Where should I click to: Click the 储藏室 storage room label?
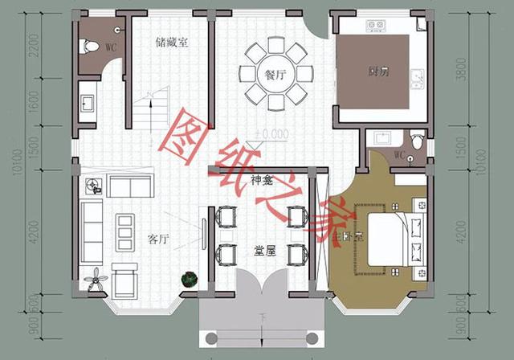pyautogui.click(x=172, y=43)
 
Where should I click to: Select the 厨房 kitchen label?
pyautogui.click(x=380, y=72)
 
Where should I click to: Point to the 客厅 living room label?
pyautogui.click(x=158, y=239)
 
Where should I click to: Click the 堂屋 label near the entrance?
pyautogui.click(x=263, y=251)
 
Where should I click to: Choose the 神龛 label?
pyautogui.click(x=262, y=180)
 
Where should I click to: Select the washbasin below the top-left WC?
pyautogui.click(x=88, y=102)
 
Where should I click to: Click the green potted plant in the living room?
pyautogui.click(x=189, y=279)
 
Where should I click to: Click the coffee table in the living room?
pyautogui.click(x=124, y=231)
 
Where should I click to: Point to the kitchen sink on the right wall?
pyautogui.click(x=416, y=80)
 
